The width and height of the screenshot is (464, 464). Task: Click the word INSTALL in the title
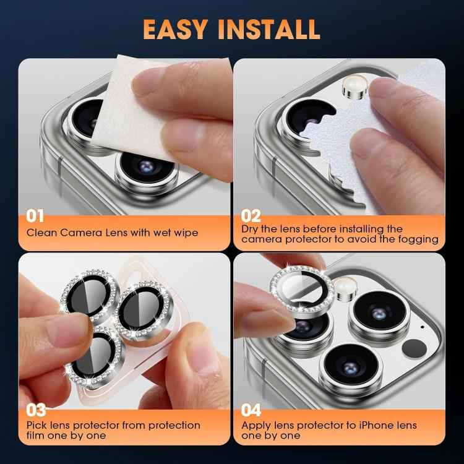(270, 28)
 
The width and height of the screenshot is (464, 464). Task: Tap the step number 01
(35, 216)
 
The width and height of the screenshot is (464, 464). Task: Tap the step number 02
(251, 216)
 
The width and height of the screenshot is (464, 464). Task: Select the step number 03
(36, 410)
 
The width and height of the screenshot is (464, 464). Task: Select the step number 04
(251, 410)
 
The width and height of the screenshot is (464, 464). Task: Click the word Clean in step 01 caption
(41, 233)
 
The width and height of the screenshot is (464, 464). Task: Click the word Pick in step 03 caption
(37, 425)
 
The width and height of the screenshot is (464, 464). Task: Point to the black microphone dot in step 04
(422, 327)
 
